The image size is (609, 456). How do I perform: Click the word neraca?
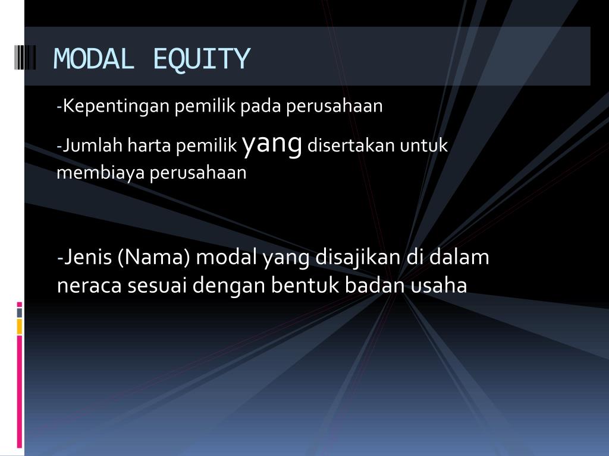[89, 286]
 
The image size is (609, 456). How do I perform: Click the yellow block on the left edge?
[20, 326]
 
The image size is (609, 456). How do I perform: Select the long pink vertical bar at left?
[20, 391]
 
